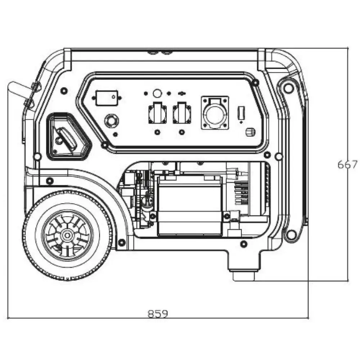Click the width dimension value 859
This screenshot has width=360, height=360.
click(x=158, y=313)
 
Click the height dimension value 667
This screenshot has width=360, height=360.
click(x=347, y=165)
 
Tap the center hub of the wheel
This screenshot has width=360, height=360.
click(x=66, y=235)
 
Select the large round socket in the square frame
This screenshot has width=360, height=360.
click(x=215, y=113)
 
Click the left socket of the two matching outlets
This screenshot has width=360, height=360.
click(x=158, y=113)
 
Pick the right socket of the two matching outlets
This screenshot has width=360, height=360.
click(x=182, y=113)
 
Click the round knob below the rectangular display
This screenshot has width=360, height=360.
click(x=111, y=120)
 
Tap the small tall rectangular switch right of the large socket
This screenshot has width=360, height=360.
click(x=241, y=112)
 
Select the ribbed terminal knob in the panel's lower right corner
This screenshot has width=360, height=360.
click(x=251, y=132)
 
